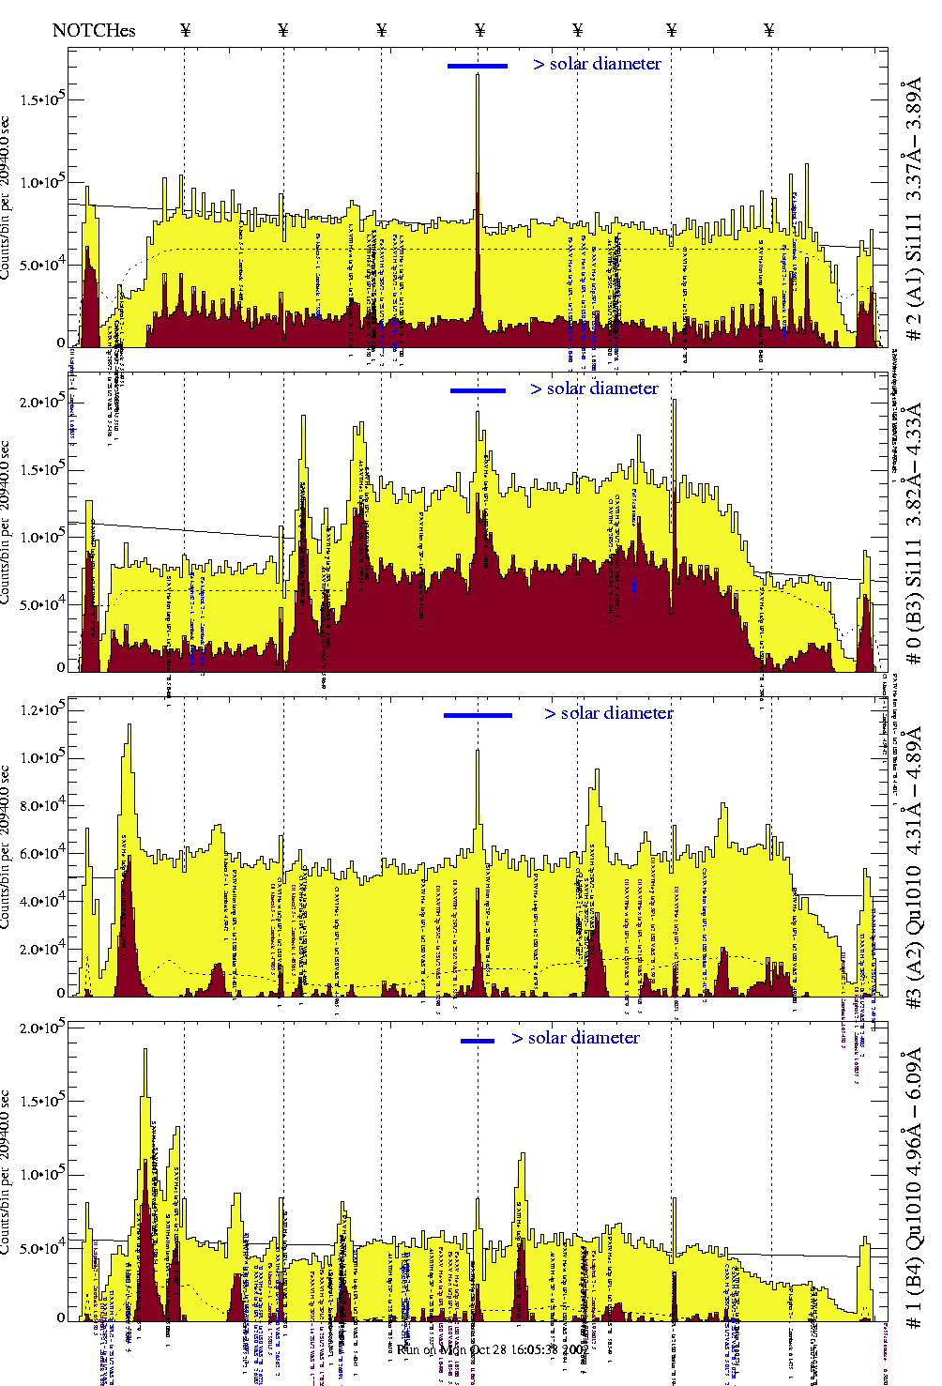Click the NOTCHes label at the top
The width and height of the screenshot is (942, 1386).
click(x=94, y=30)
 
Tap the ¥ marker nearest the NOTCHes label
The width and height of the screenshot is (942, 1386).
click(x=185, y=30)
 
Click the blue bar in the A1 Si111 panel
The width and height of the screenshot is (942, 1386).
click(x=478, y=66)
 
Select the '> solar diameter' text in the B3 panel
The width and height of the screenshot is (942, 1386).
click(x=594, y=388)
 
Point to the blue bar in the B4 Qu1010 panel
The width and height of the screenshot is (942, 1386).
click(x=478, y=1041)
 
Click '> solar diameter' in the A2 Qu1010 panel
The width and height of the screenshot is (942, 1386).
click(x=608, y=713)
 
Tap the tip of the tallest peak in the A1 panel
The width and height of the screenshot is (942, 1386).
click(x=478, y=76)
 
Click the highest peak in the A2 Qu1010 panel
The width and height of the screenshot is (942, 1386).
click(x=129, y=725)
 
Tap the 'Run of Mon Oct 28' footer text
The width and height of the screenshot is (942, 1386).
click(x=479, y=1349)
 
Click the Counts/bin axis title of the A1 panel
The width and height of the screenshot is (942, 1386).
click(x=7, y=197)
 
